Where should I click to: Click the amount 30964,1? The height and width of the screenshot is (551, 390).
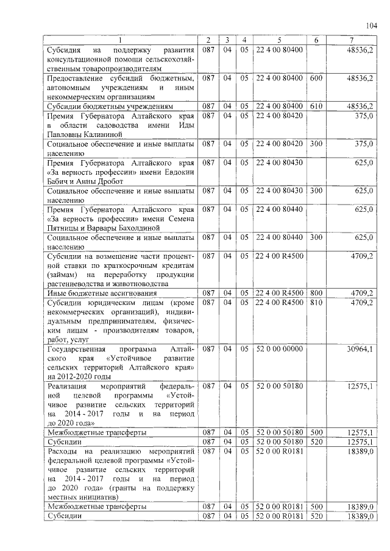tap(360, 349)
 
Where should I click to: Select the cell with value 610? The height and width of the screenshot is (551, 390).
tap(316, 106)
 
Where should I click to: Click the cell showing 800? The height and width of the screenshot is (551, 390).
tap(316, 293)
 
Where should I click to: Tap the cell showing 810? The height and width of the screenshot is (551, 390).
tap(316, 302)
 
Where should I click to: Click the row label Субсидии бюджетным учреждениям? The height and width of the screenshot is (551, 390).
tap(105, 106)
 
